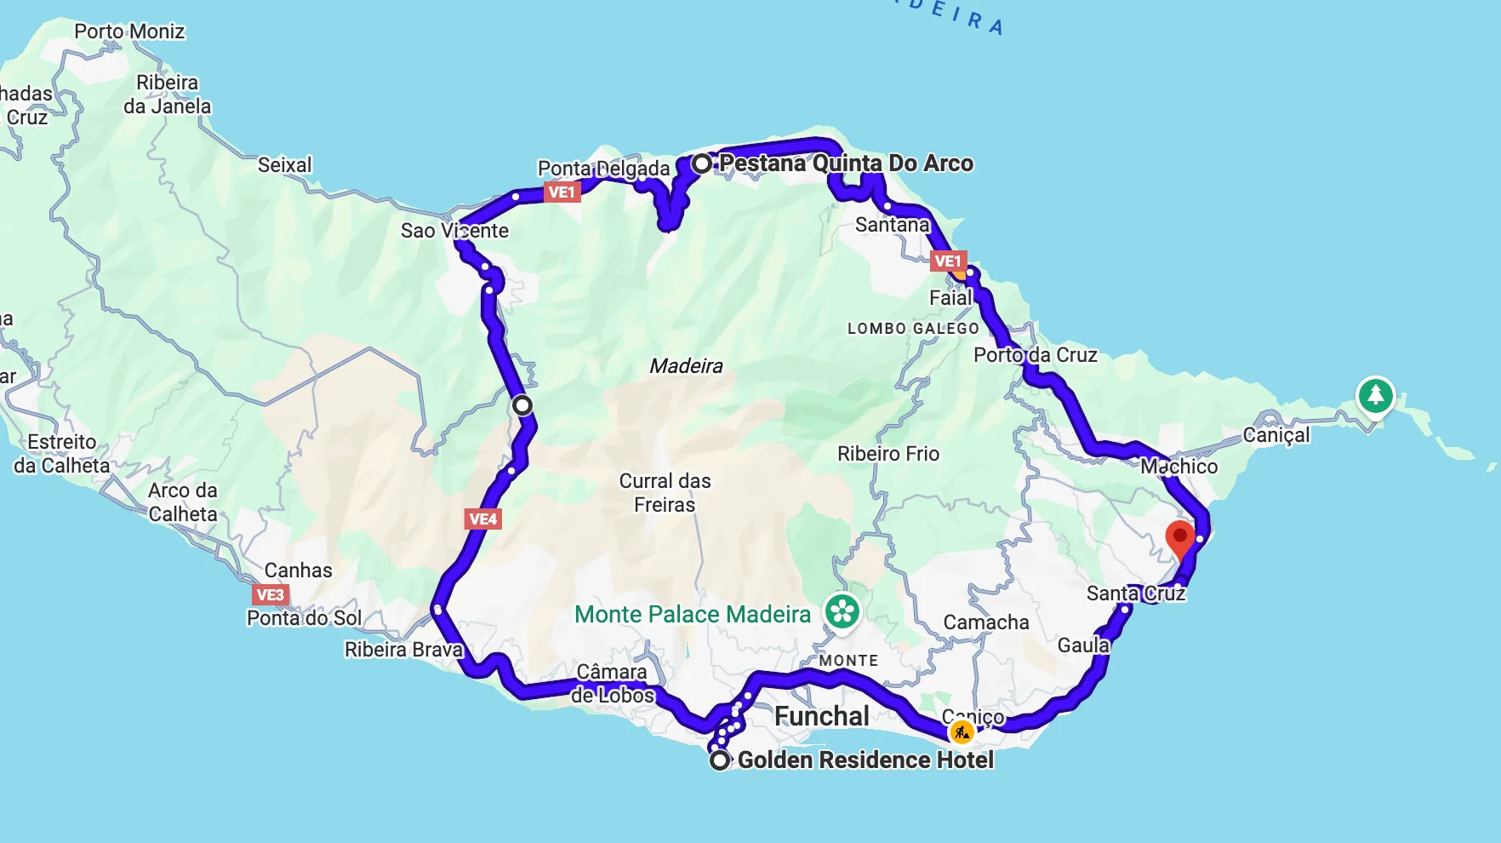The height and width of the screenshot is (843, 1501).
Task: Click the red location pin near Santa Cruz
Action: click(1179, 539)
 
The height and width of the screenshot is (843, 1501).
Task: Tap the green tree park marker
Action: click(1375, 395)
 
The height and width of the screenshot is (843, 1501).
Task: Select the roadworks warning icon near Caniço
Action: click(962, 731)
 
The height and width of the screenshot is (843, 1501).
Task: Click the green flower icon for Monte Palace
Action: click(842, 611)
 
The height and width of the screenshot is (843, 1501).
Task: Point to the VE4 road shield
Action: click(483, 519)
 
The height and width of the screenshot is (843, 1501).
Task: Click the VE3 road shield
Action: click(271, 594)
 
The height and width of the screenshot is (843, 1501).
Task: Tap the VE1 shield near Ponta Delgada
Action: click(562, 192)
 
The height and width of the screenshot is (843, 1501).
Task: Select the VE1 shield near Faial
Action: click(948, 261)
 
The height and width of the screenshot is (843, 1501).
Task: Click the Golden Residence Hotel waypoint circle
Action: click(720, 760)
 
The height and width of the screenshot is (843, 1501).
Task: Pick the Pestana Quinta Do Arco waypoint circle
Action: click(701, 163)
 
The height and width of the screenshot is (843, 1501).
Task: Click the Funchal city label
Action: click(822, 716)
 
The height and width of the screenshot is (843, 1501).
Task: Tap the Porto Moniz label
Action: click(129, 32)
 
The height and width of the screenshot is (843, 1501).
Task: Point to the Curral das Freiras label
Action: click(665, 493)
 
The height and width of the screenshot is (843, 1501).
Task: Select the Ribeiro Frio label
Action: click(888, 454)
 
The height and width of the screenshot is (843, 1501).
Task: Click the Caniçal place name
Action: click(1276, 435)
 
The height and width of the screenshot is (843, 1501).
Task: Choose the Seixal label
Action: click(285, 165)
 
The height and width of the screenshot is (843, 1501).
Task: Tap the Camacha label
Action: click(986, 622)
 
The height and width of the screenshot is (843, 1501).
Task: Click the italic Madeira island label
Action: click(686, 366)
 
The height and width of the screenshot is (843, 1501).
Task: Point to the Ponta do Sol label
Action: click(305, 618)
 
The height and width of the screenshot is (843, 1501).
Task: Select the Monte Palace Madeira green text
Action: click(693, 614)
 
